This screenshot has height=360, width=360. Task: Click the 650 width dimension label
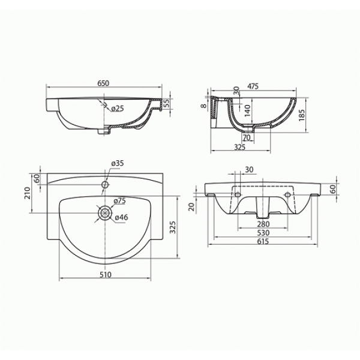coord(103,83)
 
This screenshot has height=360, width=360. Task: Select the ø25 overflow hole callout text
coord(118,108)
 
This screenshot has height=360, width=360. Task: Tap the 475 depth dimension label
coord(253,86)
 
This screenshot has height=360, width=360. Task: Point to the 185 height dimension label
coord(302,115)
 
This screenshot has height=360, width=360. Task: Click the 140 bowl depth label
coord(247,110)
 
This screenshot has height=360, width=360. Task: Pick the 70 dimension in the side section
coord(247,137)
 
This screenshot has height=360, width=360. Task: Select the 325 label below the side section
coord(239,147)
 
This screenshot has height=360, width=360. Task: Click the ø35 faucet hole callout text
coord(118,163)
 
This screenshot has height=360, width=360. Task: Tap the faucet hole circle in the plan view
coord(105,184)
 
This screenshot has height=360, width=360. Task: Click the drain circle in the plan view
coord(105,213)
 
